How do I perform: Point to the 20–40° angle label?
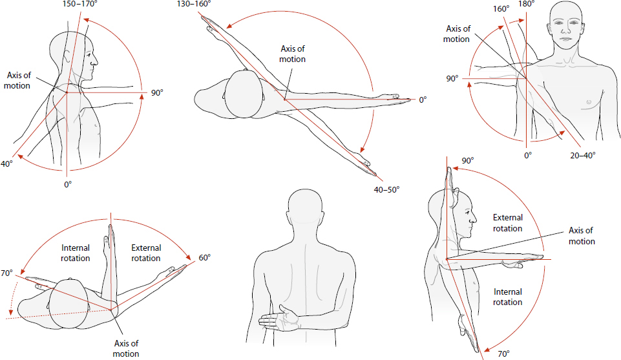[x=582, y=155]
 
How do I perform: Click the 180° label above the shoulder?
[x=527, y=5]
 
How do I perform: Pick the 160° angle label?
[x=501, y=10]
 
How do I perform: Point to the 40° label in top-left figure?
[x=6, y=164]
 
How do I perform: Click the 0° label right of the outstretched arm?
[x=423, y=100]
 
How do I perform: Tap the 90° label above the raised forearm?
[x=467, y=160]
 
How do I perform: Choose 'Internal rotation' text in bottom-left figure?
[x=76, y=253]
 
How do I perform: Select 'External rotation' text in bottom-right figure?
[x=507, y=223]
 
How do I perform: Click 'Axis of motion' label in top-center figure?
[x=292, y=54]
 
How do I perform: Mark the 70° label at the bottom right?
[x=503, y=354]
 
